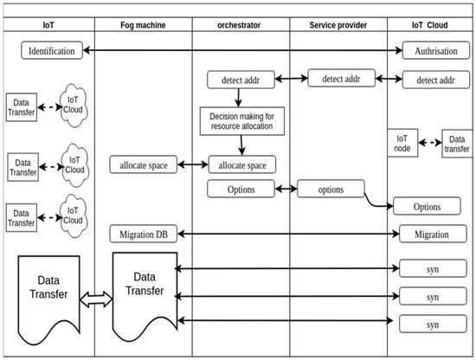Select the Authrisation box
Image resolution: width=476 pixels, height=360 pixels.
tap(434, 51)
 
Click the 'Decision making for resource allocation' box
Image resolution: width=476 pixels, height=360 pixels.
tap(241, 120)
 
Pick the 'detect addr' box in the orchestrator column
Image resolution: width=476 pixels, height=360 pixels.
tap(241, 80)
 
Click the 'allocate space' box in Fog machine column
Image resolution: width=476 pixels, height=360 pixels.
tap(144, 164)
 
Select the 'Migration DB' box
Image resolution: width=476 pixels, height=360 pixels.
tap(144, 234)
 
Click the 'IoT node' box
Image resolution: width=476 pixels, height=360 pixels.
tap(403, 143)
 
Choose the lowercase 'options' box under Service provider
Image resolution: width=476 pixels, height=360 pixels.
tap(331, 189)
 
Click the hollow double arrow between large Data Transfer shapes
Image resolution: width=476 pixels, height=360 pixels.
tap(97, 299)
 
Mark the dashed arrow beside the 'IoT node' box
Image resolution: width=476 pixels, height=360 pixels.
tap(430, 142)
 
